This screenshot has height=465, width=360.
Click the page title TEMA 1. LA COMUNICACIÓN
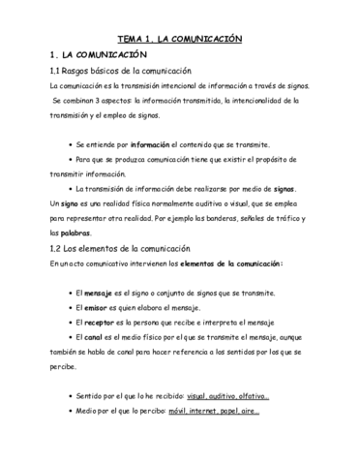179,39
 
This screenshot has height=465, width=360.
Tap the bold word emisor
97,307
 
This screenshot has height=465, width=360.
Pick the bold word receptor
101,323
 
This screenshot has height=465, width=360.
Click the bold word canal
95,339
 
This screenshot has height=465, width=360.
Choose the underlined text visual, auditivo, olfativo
228,396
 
